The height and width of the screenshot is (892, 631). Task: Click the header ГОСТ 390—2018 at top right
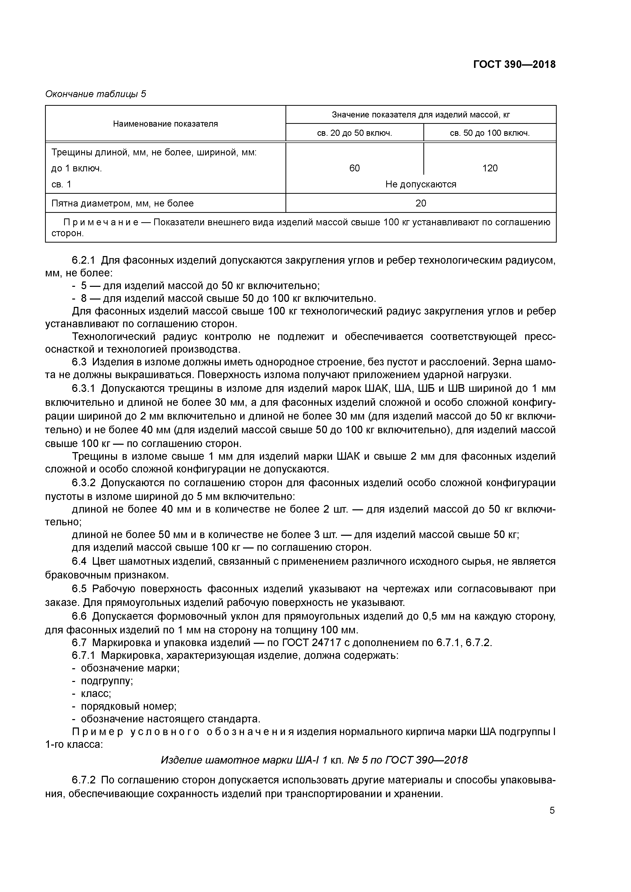point(514,65)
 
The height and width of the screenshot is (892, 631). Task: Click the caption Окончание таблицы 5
point(96,94)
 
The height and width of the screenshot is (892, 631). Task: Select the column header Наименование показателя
point(165,124)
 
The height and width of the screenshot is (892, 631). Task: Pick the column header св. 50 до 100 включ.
point(490,133)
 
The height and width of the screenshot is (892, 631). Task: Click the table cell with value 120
point(490,168)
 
